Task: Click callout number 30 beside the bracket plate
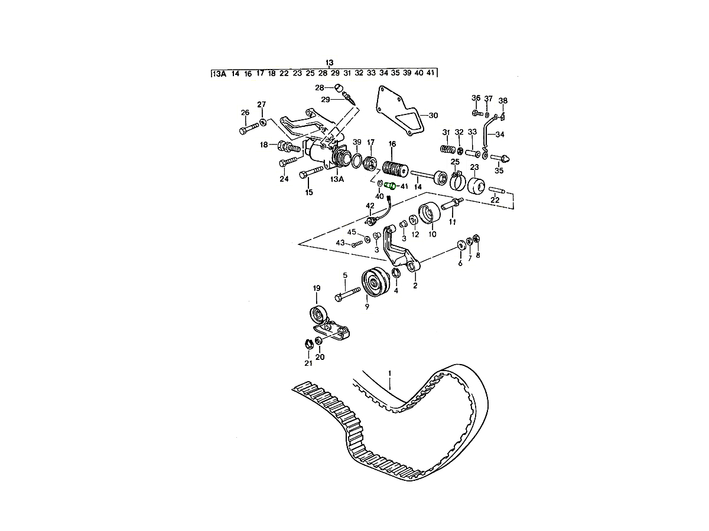coord(433,115)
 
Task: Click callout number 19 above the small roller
coord(316,289)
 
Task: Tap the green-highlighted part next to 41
coord(392,186)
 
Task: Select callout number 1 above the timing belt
coord(390,373)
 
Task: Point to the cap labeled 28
coord(340,88)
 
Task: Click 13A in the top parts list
coord(219,74)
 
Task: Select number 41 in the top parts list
coord(431,74)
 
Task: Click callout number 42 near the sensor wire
coord(370,206)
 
